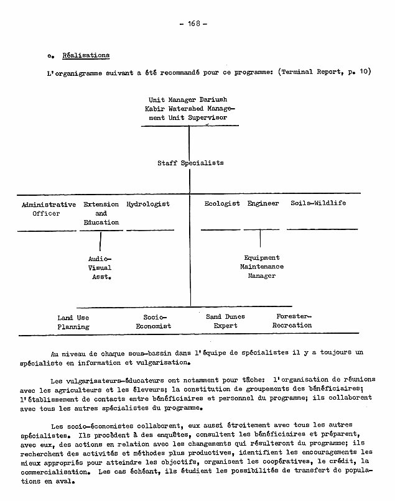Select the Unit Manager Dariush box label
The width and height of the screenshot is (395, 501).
click(x=188, y=108)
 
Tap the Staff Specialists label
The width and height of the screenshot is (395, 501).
click(x=190, y=163)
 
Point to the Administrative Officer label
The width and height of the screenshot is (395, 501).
click(x=49, y=209)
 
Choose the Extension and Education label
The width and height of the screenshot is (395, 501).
click(x=101, y=213)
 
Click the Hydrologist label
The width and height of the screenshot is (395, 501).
click(x=148, y=204)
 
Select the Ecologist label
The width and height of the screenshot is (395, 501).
click(x=222, y=204)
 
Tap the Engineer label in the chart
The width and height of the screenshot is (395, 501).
click(x=263, y=204)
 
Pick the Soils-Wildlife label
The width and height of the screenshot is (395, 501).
click(x=318, y=204)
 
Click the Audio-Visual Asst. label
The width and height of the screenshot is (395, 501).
click(x=100, y=268)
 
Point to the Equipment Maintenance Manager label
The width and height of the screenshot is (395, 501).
click(x=262, y=267)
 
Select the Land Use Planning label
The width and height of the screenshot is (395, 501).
click(x=73, y=322)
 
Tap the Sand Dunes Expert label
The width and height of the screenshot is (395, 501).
click(x=225, y=321)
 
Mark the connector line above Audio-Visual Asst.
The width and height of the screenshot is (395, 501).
click(x=100, y=241)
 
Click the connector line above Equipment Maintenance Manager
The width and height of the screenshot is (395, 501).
click(x=260, y=239)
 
